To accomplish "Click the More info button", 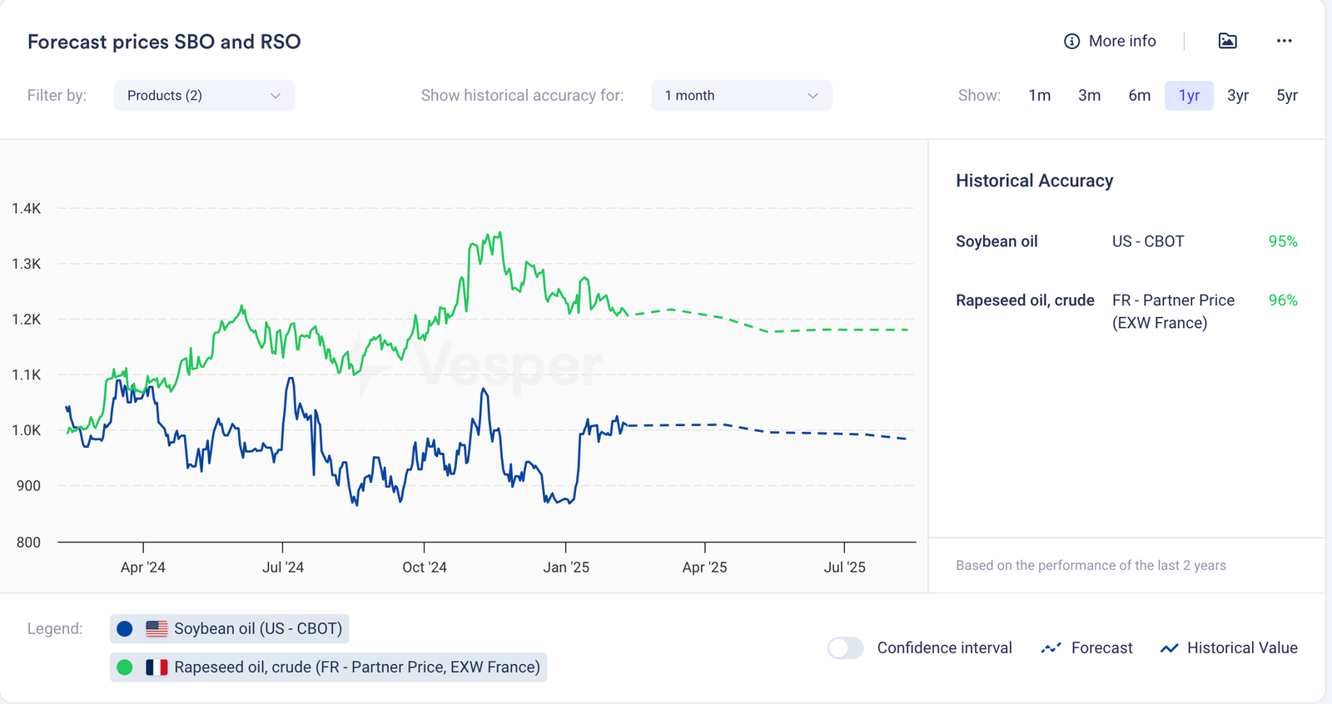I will [x=1110, y=41].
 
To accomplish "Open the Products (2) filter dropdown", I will [x=204, y=96].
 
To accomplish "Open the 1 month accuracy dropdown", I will [x=741, y=96].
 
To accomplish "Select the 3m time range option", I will [x=1089, y=96].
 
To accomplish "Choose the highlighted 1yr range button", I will [x=1189, y=96].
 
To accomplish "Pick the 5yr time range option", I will [x=1286, y=96].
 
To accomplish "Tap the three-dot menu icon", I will [x=1284, y=41].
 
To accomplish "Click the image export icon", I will [x=1227, y=41].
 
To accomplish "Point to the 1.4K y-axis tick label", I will [x=27, y=208].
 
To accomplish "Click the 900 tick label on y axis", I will [x=28, y=486].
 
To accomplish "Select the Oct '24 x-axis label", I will [x=425, y=568].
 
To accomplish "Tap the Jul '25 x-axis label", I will [x=844, y=568].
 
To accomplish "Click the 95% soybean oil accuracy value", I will [x=1283, y=241].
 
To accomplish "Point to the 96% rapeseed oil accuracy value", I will [x=1283, y=300].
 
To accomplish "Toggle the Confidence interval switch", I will [x=846, y=648].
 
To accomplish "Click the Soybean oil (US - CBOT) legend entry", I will [x=230, y=629].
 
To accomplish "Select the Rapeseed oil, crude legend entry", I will [x=328, y=667].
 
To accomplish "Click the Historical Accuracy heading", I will [x=1034, y=181].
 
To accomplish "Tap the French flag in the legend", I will [x=157, y=667].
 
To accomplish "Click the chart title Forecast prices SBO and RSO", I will [x=164, y=42].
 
